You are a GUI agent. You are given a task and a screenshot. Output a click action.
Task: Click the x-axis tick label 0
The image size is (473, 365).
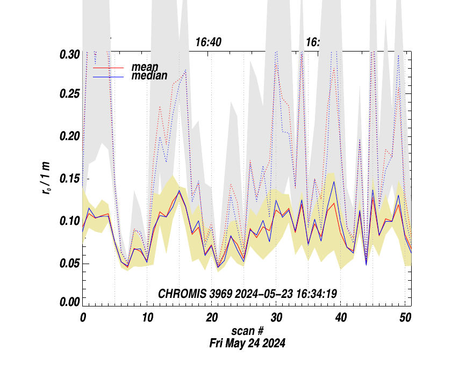pyautogui.click(x=83, y=317)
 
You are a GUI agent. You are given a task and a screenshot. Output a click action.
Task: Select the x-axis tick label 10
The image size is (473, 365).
pyautogui.click(x=147, y=317)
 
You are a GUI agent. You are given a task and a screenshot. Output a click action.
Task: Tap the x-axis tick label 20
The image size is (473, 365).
pyautogui.click(x=211, y=317)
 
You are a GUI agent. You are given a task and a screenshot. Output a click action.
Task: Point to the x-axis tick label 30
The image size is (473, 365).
pyautogui.click(x=276, y=317)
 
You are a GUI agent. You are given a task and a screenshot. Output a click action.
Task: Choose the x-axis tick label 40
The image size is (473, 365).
pyautogui.click(x=340, y=317)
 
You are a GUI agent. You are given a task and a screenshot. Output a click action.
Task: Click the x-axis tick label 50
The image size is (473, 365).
pyautogui.click(x=405, y=317)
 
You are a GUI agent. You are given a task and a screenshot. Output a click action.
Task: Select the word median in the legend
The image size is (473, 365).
pyautogui.click(x=149, y=76)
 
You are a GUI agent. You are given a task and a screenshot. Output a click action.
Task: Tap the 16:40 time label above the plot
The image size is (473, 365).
pyautogui.click(x=209, y=42)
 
